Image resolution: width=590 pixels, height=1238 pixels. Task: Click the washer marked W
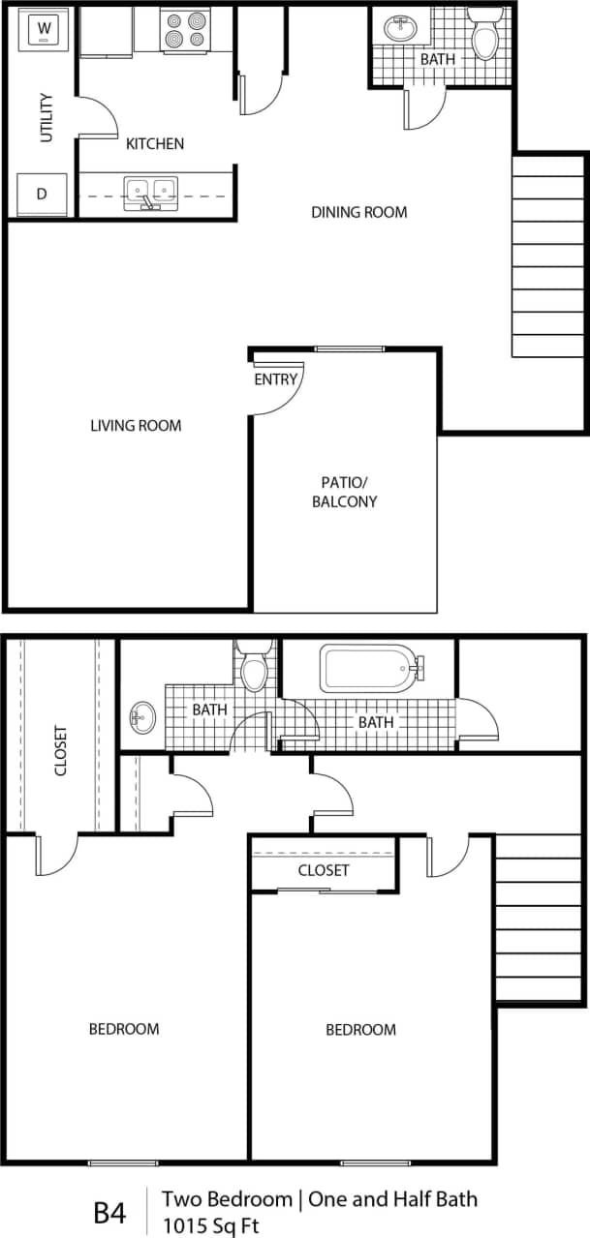44,32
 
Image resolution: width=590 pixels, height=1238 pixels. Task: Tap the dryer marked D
42,194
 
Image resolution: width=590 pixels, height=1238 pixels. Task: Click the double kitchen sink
150,192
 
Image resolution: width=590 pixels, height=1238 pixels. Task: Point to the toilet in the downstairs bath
483,35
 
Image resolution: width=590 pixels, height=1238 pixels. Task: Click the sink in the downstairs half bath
400,28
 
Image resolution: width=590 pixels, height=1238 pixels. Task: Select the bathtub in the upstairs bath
369,668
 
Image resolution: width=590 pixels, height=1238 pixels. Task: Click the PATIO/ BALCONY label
344,492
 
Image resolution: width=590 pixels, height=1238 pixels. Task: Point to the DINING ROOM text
358,212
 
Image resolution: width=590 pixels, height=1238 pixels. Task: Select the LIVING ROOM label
136,425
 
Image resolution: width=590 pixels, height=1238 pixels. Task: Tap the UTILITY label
47,117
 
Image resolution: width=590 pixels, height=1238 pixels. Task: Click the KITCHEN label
155,144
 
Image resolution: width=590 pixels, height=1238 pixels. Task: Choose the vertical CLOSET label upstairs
61,750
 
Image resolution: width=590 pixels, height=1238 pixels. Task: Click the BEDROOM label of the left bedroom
124,1028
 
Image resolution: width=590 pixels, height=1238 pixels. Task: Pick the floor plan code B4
109,1212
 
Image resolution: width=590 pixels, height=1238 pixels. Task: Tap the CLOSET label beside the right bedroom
324,870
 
